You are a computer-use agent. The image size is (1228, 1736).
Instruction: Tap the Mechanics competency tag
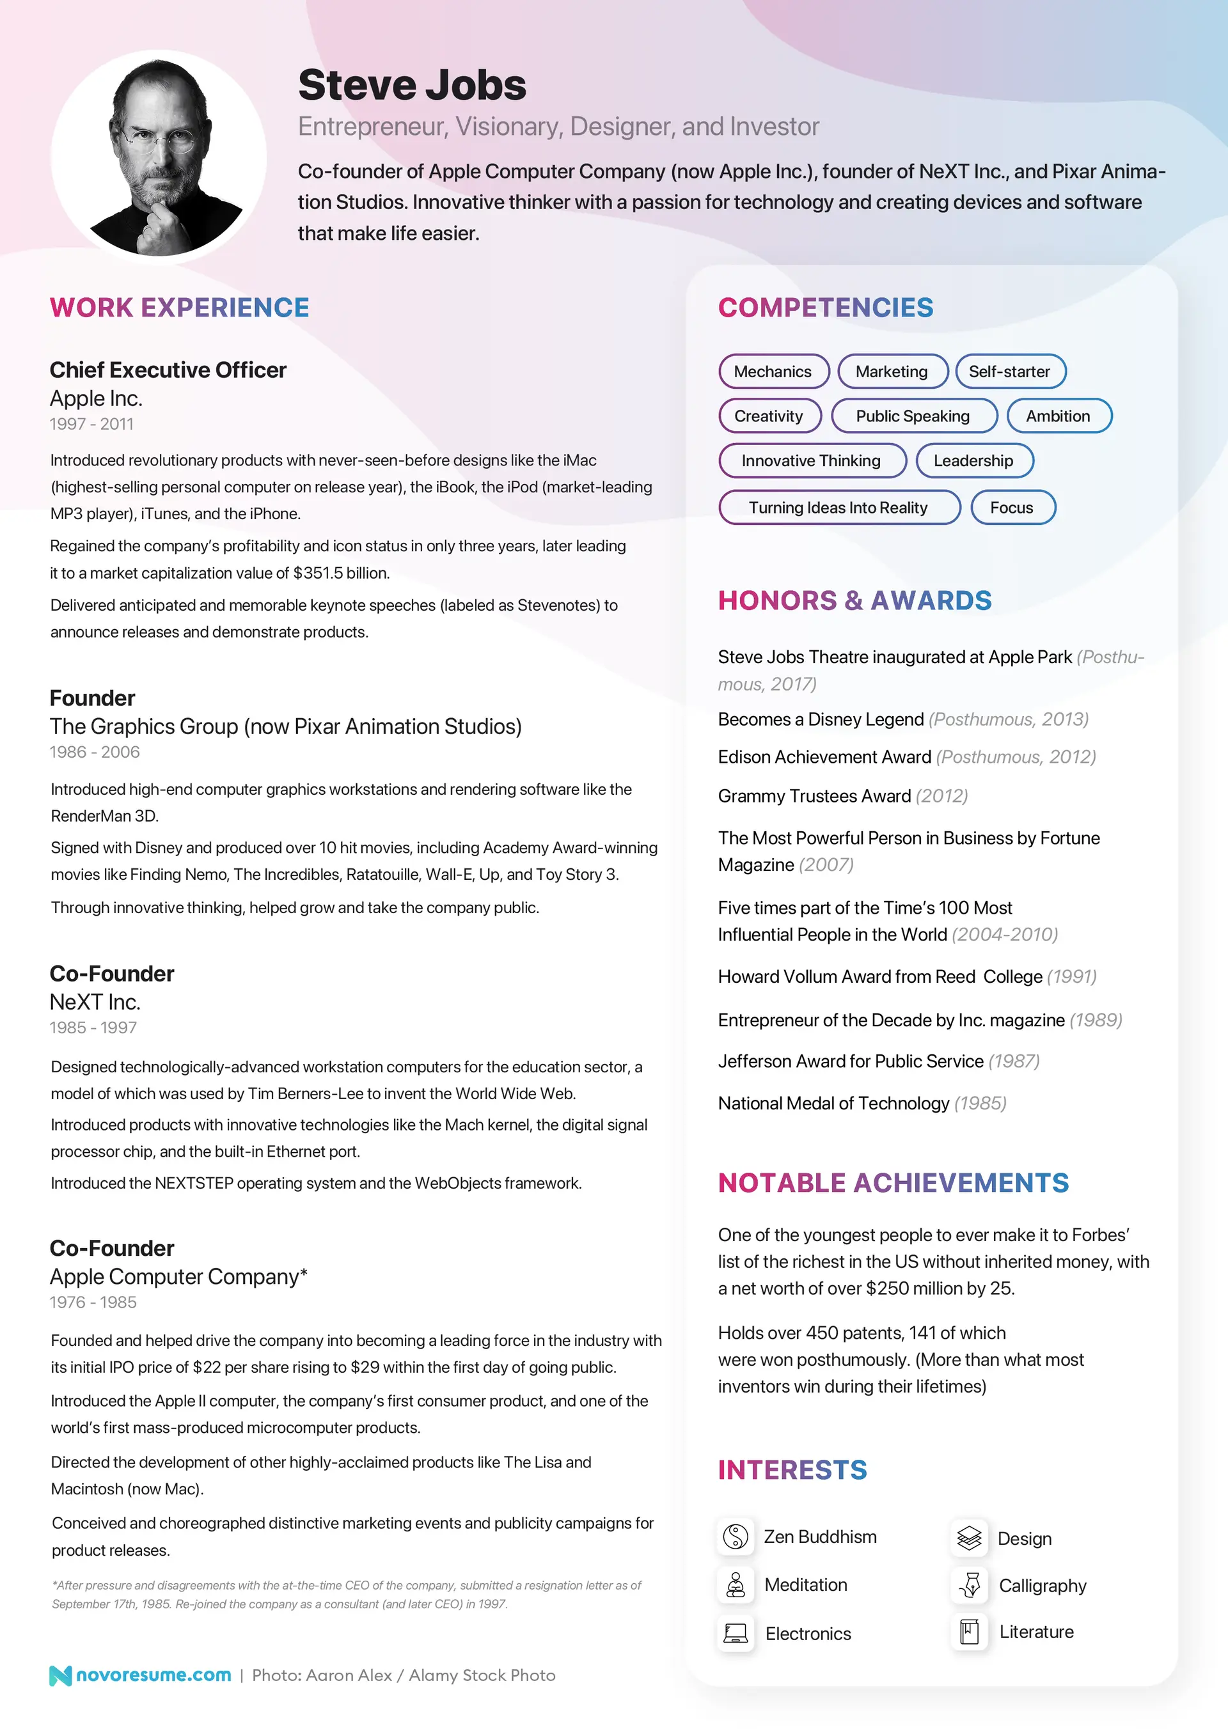773,371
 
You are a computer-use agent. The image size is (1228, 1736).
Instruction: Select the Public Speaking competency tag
913,416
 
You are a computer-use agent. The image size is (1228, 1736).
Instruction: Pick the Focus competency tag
1012,507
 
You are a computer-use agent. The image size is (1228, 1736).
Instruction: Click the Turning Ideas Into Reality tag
838,507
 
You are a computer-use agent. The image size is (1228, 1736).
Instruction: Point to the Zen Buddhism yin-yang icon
735,1537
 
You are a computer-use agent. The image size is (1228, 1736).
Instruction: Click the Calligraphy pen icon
970,1585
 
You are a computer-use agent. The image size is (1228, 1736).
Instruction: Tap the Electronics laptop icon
735,1633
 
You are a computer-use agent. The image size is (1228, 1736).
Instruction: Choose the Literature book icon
970,1632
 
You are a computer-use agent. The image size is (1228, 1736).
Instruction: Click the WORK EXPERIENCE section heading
179,308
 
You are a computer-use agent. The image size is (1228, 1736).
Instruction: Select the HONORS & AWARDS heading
854,600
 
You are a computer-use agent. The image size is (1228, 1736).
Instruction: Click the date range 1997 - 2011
91,424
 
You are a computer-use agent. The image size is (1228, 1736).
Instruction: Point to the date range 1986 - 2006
95,753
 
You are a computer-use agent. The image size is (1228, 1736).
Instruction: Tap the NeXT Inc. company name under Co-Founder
95,1002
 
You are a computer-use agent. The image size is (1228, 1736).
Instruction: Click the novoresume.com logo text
153,1675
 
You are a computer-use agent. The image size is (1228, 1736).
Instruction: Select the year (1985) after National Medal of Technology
980,1103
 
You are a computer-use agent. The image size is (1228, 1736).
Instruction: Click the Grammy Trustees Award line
842,796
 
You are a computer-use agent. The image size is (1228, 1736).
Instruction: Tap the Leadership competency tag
973,460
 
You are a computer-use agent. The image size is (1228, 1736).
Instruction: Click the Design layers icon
970,1538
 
